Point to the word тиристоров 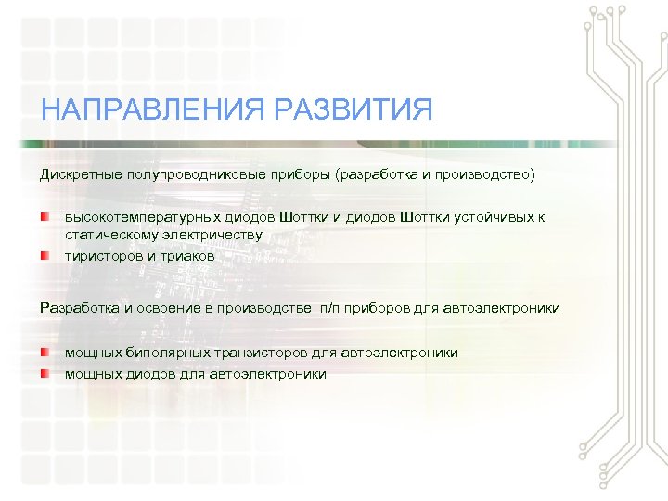(102, 255)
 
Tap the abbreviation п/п (331, 308)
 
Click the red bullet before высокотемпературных (45, 216)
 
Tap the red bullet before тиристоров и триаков (45, 253)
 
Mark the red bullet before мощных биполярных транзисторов (45, 352)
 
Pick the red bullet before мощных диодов (45, 373)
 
